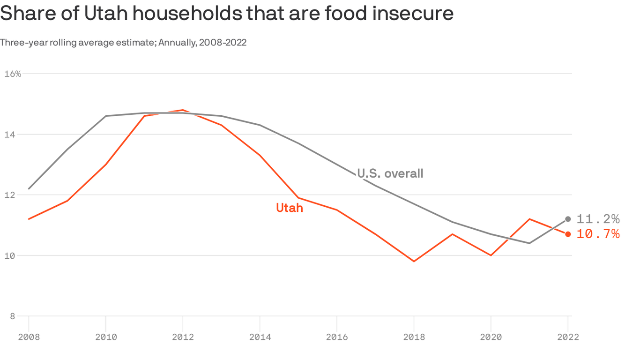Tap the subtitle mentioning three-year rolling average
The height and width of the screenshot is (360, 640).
click(x=123, y=43)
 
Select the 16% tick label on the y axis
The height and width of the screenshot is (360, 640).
click(x=13, y=74)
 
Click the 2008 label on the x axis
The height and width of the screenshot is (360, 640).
click(x=29, y=337)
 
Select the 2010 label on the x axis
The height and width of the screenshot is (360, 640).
click(x=106, y=337)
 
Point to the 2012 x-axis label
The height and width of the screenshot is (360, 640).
click(x=183, y=337)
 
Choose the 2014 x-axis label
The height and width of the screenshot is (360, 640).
click(x=260, y=337)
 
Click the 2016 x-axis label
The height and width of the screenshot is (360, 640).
click(x=337, y=337)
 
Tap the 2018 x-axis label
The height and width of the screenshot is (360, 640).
click(x=414, y=337)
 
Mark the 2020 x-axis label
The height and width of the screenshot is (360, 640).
click(x=491, y=337)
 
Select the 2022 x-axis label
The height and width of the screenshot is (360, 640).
click(x=568, y=337)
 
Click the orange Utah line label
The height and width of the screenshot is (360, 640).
click(x=290, y=208)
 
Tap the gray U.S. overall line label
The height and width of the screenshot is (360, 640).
click(x=390, y=173)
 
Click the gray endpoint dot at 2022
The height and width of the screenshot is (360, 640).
click(x=568, y=219)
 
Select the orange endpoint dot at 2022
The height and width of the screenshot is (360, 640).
click(x=568, y=234)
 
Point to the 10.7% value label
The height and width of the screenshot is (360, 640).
click(x=598, y=234)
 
